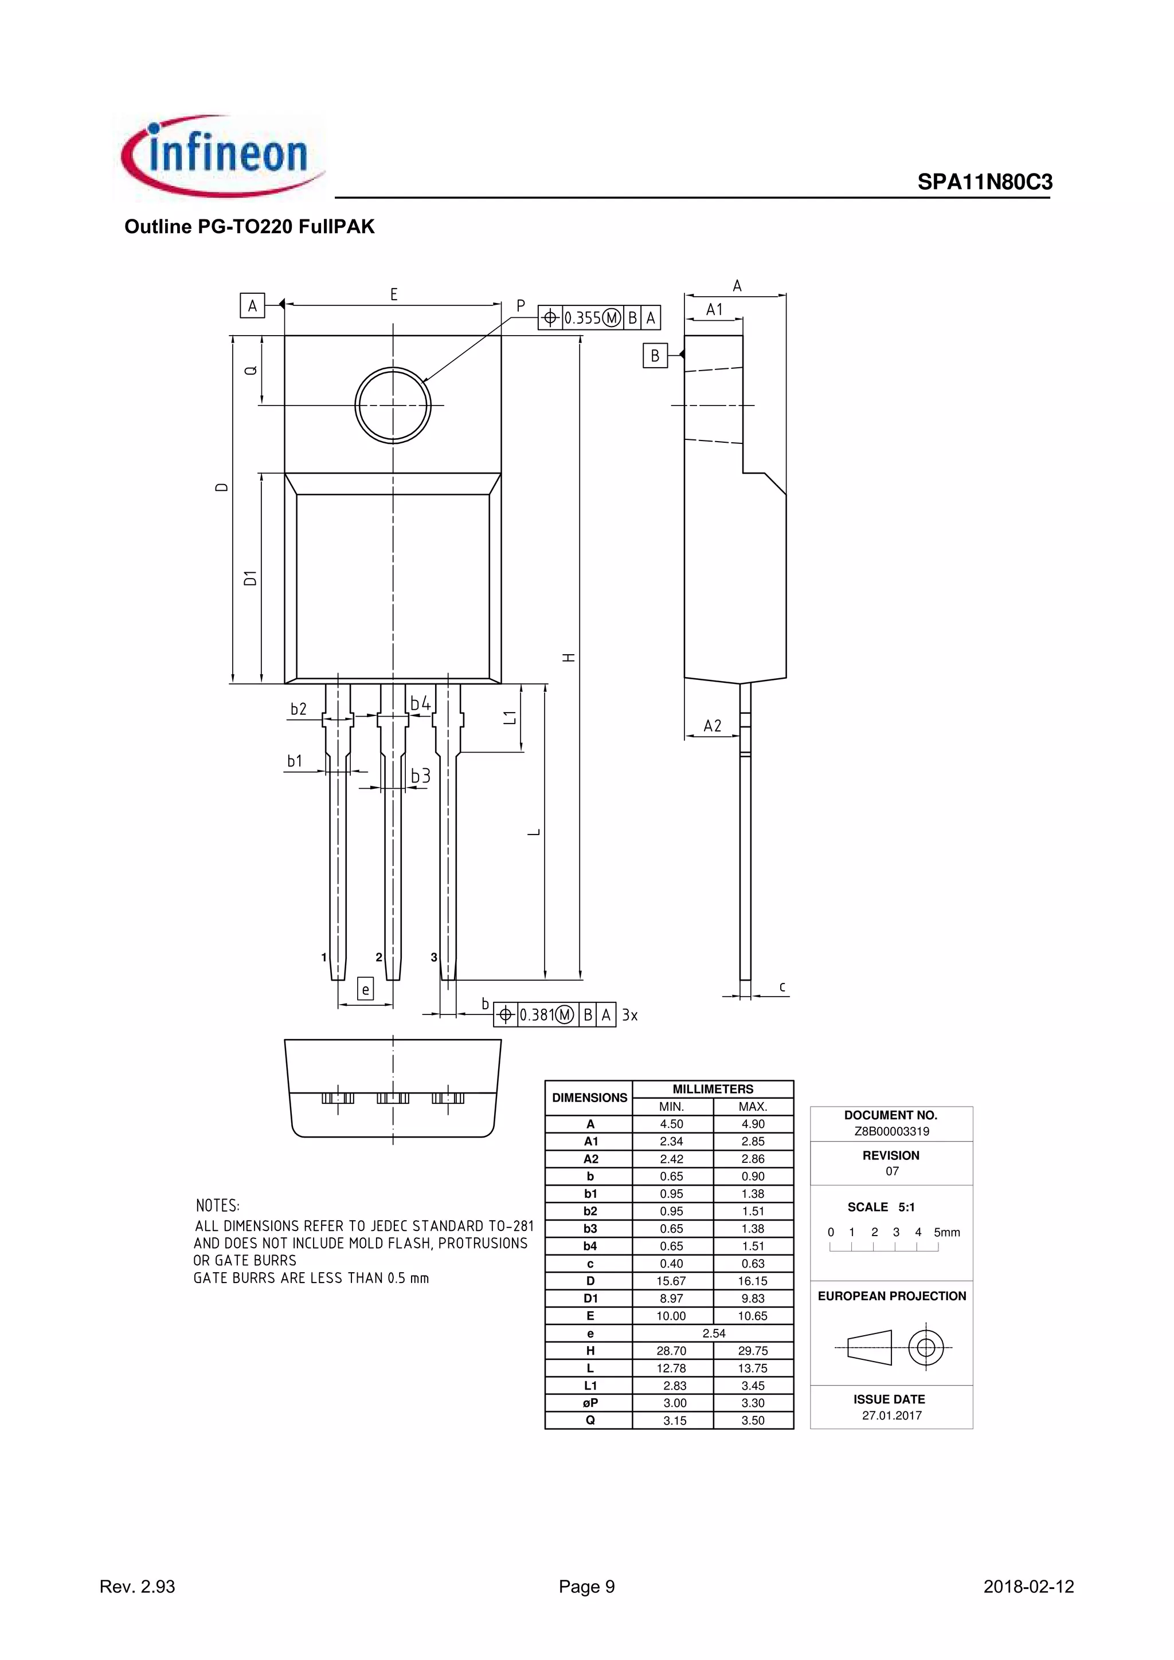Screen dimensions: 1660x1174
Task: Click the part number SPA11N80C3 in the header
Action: (984, 182)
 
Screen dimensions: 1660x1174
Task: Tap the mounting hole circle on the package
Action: (393, 405)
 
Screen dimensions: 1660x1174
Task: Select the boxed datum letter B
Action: (655, 356)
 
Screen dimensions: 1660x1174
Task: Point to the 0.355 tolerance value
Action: (582, 318)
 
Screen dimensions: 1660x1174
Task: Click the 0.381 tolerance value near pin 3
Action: (536, 1015)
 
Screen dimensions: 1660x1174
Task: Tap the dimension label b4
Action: (420, 703)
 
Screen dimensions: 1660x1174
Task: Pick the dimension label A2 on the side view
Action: (713, 726)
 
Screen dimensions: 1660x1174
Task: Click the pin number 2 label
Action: (379, 957)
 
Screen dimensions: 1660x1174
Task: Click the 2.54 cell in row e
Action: (713, 1333)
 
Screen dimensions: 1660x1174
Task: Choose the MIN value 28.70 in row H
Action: (671, 1351)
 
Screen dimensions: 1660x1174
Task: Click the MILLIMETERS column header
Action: (713, 1089)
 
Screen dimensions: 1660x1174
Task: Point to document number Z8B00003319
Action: (891, 1131)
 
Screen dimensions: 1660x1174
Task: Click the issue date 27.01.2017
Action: (891, 1415)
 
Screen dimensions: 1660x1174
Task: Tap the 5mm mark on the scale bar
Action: (946, 1233)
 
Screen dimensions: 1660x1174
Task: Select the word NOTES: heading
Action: (218, 1206)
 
